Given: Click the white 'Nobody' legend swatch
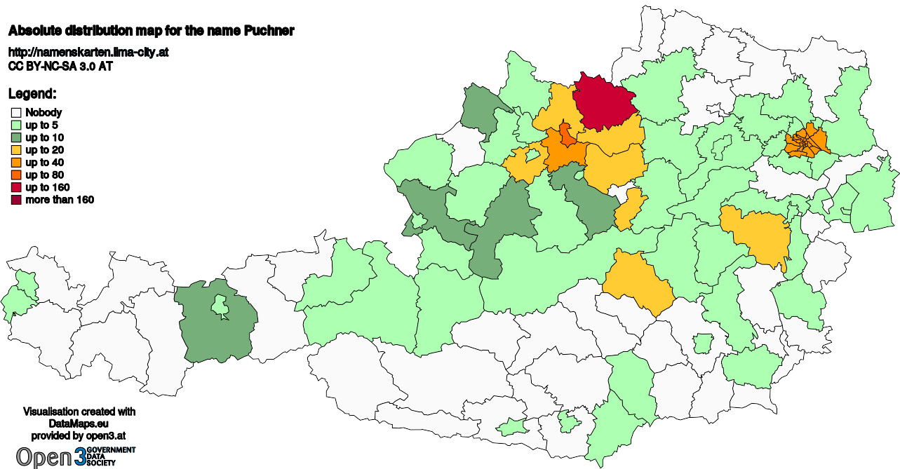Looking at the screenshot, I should (x=15, y=112).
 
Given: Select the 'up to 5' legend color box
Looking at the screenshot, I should (x=15, y=125).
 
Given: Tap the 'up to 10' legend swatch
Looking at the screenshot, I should (x=15, y=137).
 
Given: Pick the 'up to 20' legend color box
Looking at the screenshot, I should (x=15, y=150).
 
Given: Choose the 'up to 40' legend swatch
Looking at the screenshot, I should (x=15, y=163).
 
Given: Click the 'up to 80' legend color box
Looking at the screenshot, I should (x=15, y=175).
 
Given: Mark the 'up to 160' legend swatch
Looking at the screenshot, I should (x=15, y=188).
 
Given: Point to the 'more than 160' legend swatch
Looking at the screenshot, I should (x=15, y=200).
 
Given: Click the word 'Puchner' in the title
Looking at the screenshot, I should (x=267, y=31).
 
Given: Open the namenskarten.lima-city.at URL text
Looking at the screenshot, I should (x=88, y=53).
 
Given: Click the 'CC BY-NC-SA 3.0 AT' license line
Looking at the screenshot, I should (x=60, y=67).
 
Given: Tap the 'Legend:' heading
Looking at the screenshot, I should (x=32, y=94).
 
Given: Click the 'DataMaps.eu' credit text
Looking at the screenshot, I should (x=79, y=424).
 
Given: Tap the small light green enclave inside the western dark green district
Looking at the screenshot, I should (x=220, y=305).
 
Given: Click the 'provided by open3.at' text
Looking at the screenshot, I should (x=79, y=435).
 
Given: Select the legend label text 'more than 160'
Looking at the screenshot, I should (x=60, y=200).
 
